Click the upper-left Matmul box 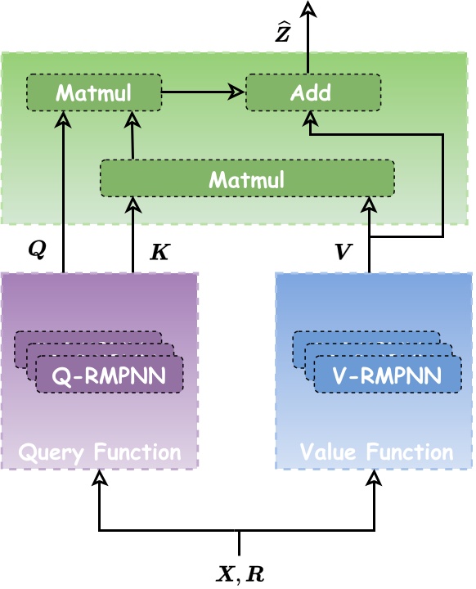point(94,92)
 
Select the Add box point(313,92)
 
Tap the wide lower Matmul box point(247,178)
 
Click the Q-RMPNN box point(109,375)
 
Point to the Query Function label point(99,452)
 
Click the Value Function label point(376,452)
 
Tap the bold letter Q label point(37,250)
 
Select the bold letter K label point(159,252)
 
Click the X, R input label point(240,573)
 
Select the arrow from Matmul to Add point(204,92)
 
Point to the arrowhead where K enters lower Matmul point(133,203)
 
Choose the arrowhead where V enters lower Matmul point(369,203)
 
